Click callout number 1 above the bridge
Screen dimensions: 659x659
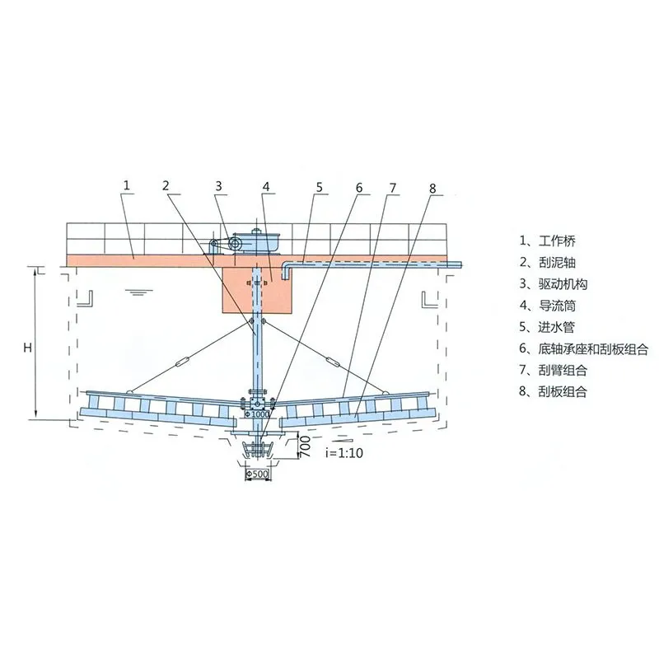[127, 185]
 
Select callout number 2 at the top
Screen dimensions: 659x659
[166, 185]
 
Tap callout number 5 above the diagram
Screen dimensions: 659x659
[320, 187]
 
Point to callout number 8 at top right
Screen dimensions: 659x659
[433, 189]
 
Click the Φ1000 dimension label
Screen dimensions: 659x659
[257, 414]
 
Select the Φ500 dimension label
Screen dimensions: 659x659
[257, 474]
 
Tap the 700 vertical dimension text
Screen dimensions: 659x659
[305, 446]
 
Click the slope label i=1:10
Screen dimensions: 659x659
[344, 452]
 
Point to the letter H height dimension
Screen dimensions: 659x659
[28, 348]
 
